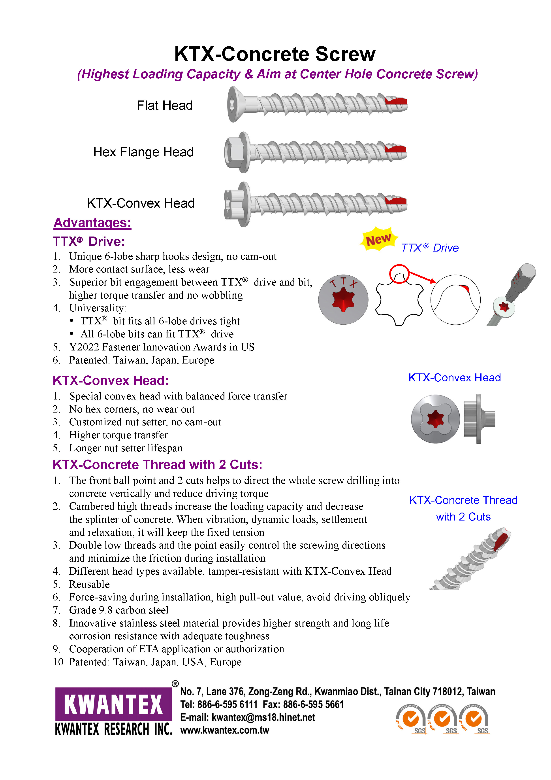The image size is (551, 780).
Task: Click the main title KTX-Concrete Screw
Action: point(275,54)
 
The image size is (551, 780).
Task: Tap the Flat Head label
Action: point(165,106)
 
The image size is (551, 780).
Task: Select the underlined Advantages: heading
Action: point(92,223)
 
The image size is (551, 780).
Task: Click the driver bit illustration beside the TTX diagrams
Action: point(512,294)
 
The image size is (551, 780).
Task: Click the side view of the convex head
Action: point(479,419)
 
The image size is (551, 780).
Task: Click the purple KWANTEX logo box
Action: point(113,704)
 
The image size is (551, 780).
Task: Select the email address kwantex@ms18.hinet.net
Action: point(263,717)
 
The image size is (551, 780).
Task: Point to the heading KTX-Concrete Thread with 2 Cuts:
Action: point(157,465)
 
